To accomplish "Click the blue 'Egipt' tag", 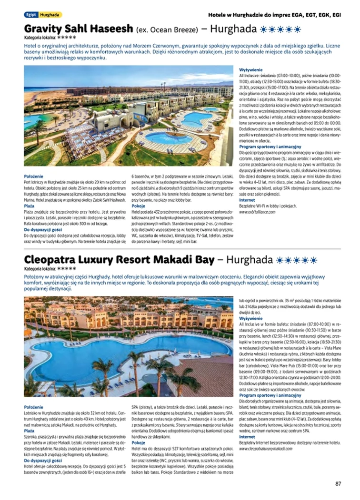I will pyautogui.click(x=31, y=15).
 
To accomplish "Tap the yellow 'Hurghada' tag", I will pyautogui.click(x=50, y=15).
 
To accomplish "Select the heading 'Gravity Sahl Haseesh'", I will pyautogui.click(x=79, y=29).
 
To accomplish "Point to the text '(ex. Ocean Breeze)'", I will pyautogui.click(x=166, y=29).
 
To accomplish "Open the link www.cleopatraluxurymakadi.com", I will pyautogui.click(x=271, y=449).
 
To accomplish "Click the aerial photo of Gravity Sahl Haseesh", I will pyautogui.click(x=129, y=116).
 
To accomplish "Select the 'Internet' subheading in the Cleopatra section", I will pyautogui.click(x=247, y=437).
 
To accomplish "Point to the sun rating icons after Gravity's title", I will pyautogui.click(x=281, y=29).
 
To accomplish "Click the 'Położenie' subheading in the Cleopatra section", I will pyautogui.click(x=34, y=407).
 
